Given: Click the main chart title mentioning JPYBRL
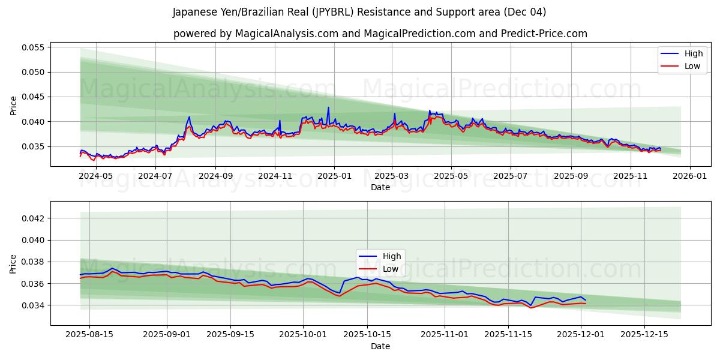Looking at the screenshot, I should [x=359, y=12].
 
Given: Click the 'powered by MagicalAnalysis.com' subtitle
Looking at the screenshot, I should [x=380, y=34].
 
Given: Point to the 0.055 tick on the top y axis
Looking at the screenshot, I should [x=33, y=47].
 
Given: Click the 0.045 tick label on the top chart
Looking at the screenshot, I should [x=33, y=97].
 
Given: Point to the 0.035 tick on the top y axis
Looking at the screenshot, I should [x=33, y=146].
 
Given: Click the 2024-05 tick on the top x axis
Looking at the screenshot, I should [x=97, y=176].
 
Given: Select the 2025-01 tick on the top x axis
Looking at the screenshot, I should [x=334, y=176].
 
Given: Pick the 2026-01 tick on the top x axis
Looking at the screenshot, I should [x=690, y=176].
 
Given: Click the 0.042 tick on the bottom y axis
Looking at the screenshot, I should [x=33, y=218].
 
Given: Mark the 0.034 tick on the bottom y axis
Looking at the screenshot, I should [x=33, y=305].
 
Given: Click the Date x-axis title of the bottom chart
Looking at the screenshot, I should [x=380, y=346].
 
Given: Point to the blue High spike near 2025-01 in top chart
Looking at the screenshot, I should [x=328, y=108].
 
